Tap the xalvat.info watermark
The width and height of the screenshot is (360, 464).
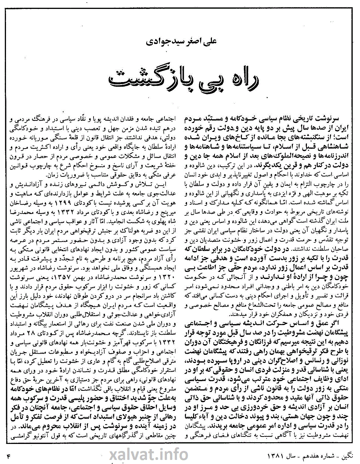click(148, 454)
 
